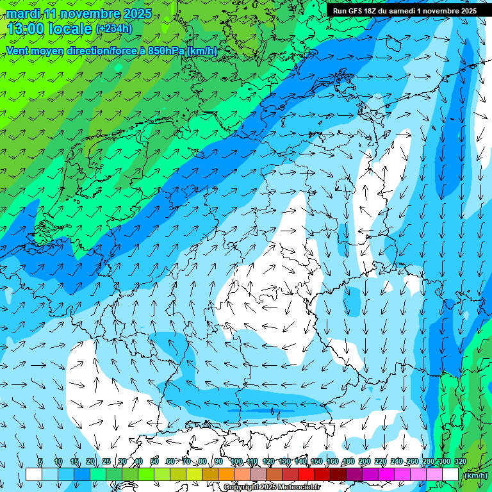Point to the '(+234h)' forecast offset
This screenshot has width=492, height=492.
point(114,29)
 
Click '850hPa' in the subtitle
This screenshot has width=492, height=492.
point(166,51)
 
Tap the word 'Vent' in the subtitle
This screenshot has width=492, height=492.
point(19,51)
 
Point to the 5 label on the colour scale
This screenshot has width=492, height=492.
point(40,461)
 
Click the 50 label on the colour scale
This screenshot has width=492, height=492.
point(154,461)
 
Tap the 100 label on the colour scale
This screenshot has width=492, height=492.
point(236,461)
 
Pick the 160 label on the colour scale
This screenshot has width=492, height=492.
point(332,461)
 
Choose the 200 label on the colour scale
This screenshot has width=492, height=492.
point(365,461)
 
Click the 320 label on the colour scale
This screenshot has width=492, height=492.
point(461,461)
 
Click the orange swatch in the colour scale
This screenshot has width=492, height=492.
point(226,474)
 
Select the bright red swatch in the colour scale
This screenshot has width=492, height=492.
point(306,474)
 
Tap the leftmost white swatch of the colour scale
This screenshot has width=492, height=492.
point(33,474)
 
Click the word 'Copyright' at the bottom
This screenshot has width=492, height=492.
point(243,488)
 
